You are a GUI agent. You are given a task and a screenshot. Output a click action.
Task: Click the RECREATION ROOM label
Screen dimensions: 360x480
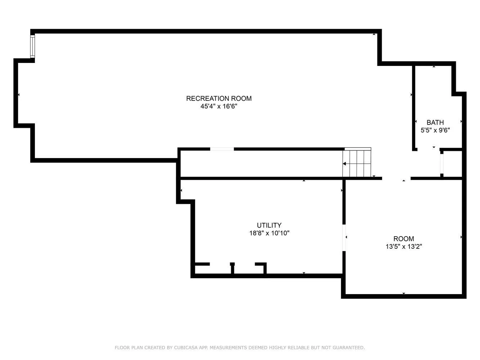pos(219,98)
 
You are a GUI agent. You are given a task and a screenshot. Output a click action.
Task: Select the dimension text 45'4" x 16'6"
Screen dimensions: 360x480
pos(219,107)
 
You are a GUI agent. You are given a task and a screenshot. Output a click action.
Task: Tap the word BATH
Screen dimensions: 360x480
pos(435,122)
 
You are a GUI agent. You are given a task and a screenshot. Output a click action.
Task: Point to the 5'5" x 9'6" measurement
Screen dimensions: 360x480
pos(435,130)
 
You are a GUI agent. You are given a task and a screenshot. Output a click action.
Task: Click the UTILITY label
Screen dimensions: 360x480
pos(269,225)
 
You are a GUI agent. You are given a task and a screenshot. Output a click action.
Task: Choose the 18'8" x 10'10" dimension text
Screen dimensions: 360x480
pos(269,233)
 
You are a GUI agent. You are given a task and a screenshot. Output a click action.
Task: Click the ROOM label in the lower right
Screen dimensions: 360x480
pos(403,239)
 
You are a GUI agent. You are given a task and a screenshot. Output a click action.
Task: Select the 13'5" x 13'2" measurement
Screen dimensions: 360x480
pos(403,247)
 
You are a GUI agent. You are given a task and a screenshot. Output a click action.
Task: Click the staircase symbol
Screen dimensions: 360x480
pos(356,163)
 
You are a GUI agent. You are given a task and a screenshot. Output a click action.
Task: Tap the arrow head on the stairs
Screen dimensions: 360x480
pos(345,164)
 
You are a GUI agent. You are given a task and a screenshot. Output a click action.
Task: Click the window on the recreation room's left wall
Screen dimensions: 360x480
pos(32,46)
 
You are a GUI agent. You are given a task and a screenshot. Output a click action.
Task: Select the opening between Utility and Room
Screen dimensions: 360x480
pos(344,238)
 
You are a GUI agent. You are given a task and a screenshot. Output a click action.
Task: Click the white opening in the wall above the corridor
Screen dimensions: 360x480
pos(222,149)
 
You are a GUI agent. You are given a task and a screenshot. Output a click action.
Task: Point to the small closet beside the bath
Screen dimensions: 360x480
pos(453,164)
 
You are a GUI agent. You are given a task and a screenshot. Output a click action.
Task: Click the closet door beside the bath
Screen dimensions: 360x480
pos(442,164)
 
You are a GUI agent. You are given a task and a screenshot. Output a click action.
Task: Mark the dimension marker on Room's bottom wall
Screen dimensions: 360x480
pos(404,293)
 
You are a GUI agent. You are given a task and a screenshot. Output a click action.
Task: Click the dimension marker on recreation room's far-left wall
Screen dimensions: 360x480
pos(18,95)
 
